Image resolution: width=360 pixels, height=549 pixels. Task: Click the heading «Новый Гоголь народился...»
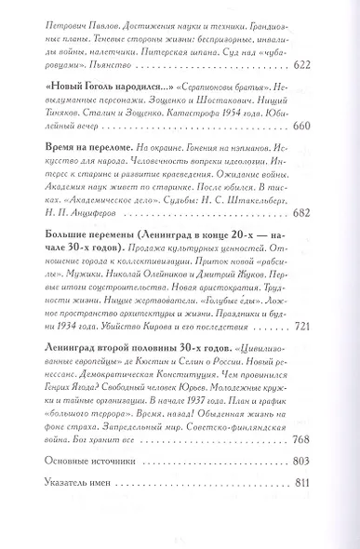point(98,84)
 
